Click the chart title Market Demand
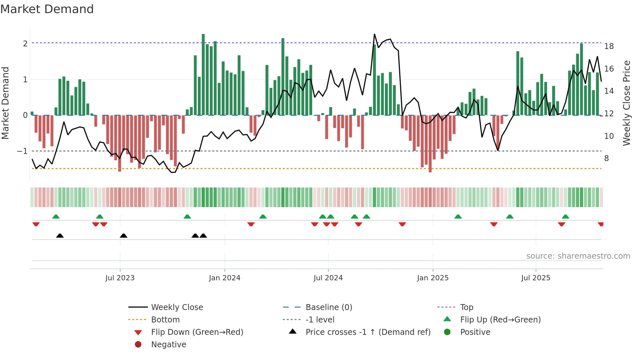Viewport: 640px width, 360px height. coord(47,9)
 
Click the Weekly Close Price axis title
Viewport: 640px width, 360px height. coord(626,103)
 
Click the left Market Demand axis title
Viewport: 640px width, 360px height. coord(5,103)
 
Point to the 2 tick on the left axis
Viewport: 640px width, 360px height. coord(25,43)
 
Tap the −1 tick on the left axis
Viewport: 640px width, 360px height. coord(23,151)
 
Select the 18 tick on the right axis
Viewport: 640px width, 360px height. coord(609,46)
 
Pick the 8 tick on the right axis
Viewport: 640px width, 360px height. coord(606,158)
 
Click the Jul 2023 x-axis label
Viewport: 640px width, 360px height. coord(120,278)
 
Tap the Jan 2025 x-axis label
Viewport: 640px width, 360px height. coord(433,278)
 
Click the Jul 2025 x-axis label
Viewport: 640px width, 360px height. coord(536,278)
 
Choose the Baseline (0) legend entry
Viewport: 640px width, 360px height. coord(328,307)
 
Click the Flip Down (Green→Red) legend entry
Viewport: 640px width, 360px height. coord(197,332)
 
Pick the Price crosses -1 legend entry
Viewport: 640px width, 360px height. coord(368,332)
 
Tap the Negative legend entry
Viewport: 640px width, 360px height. coord(168,345)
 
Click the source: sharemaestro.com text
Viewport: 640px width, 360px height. coord(578,256)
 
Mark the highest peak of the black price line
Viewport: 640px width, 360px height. coord(375,34)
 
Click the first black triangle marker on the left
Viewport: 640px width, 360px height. coord(60,236)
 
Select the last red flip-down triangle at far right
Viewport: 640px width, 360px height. coord(600,224)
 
